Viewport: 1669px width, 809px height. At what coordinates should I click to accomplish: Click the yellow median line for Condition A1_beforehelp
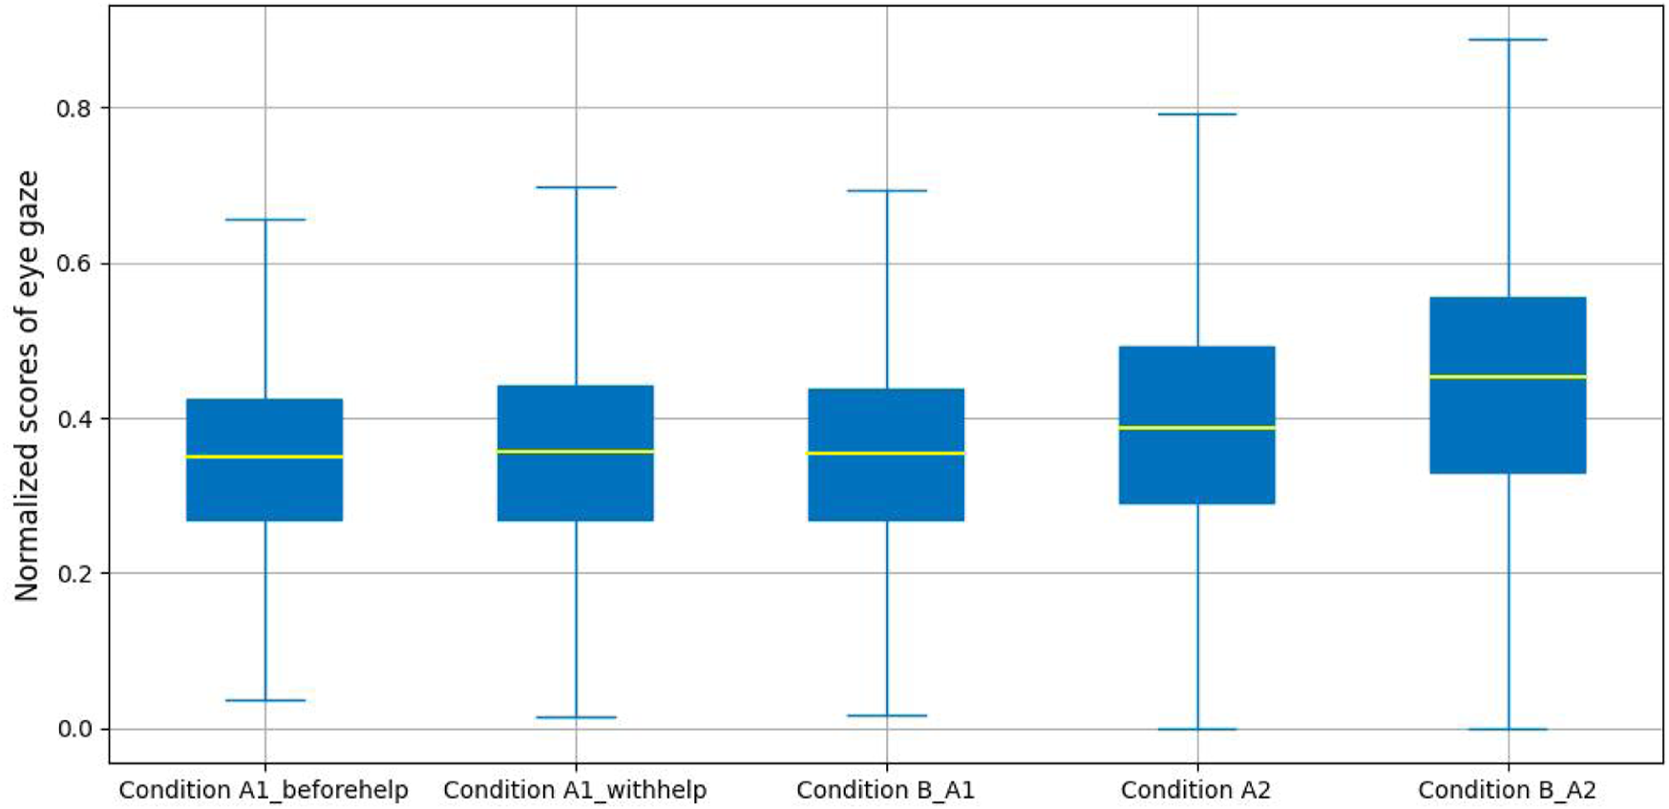pyautogui.click(x=264, y=457)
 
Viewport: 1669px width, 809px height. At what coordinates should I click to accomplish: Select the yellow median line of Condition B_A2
pyautogui.click(x=1508, y=377)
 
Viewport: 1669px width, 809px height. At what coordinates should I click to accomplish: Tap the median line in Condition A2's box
pyautogui.click(x=1196, y=428)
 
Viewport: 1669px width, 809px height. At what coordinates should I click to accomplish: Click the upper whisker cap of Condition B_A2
pyautogui.click(x=1508, y=40)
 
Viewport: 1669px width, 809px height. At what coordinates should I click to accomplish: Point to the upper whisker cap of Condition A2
pyautogui.click(x=1196, y=115)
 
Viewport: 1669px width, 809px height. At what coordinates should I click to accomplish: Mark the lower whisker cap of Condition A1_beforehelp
pyautogui.click(x=264, y=701)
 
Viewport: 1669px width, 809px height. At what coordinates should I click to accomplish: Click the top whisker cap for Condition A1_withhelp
pyautogui.click(x=576, y=187)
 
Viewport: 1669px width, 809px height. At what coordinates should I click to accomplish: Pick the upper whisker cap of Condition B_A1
pyautogui.click(x=886, y=191)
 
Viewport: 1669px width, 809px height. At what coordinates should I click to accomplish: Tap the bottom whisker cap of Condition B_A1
pyautogui.click(x=886, y=715)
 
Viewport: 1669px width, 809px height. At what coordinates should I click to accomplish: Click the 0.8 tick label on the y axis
pyautogui.click(x=74, y=109)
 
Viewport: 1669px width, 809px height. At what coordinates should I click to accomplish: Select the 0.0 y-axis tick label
pyautogui.click(x=74, y=730)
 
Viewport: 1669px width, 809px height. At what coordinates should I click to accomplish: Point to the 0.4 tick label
pyautogui.click(x=74, y=419)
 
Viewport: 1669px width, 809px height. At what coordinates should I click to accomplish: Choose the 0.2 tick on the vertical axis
pyautogui.click(x=74, y=574)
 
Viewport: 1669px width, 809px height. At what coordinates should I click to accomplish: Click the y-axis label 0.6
pyautogui.click(x=74, y=264)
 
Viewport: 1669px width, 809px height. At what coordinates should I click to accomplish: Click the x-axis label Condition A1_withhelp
pyautogui.click(x=575, y=791)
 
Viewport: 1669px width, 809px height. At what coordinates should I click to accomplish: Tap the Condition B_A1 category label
pyautogui.click(x=885, y=791)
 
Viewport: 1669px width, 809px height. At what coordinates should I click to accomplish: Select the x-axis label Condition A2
pyautogui.click(x=1195, y=791)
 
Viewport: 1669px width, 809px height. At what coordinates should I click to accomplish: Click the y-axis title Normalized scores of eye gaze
pyautogui.click(x=27, y=386)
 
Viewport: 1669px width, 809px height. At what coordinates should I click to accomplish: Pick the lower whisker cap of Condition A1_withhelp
pyautogui.click(x=576, y=717)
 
